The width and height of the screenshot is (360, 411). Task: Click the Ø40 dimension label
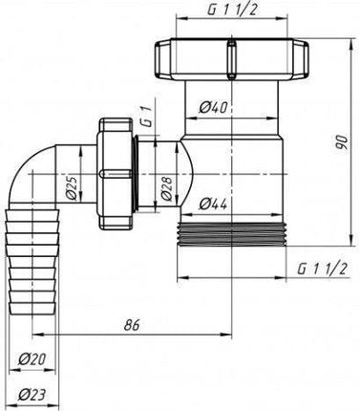point(213,108)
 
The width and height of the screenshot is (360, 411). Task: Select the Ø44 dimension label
point(213,204)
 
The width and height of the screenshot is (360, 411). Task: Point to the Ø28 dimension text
point(167,188)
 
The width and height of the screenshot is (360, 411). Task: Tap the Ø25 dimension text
point(73,187)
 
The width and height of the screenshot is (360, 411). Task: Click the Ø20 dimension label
point(32,359)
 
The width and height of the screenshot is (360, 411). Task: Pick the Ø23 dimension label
point(32,396)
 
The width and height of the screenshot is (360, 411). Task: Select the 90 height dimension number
point(342,142)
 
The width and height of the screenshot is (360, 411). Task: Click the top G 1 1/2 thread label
point(233,10)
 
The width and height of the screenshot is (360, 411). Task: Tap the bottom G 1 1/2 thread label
point(322,270)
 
